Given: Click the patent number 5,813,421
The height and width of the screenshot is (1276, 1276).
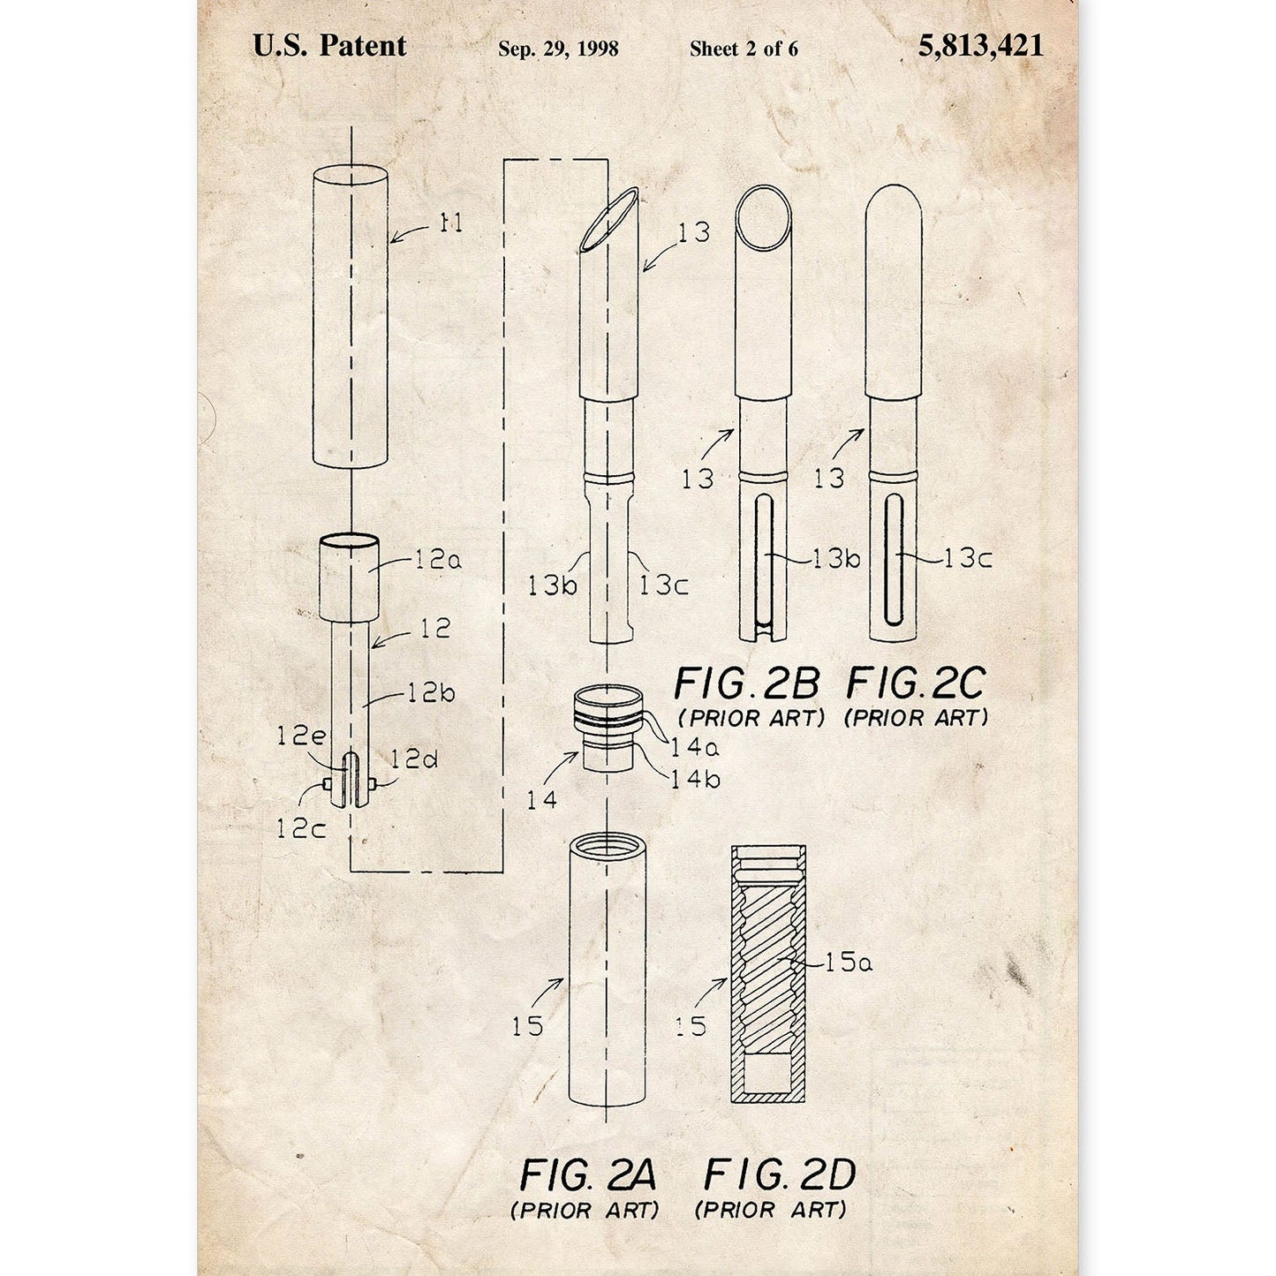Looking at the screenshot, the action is click(x=980, y=46).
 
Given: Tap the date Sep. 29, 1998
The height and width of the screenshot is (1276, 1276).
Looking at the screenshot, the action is click(x=558, y=49).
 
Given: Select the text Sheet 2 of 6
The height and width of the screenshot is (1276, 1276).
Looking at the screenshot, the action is click(x=744, y=49).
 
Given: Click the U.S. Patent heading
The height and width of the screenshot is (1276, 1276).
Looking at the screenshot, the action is click(x=329, y=45).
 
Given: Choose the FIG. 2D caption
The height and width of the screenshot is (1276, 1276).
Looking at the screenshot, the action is click(x=779, y=1175).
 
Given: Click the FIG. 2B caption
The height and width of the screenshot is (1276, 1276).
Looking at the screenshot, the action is click(x=746, y=684).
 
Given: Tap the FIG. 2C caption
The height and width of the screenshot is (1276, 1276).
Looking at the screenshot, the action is click(x=916, y=684).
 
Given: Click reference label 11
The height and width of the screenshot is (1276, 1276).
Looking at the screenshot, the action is click(x=451, y=223).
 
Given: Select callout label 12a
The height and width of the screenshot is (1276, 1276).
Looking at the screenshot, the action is click(x=438, y=561).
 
